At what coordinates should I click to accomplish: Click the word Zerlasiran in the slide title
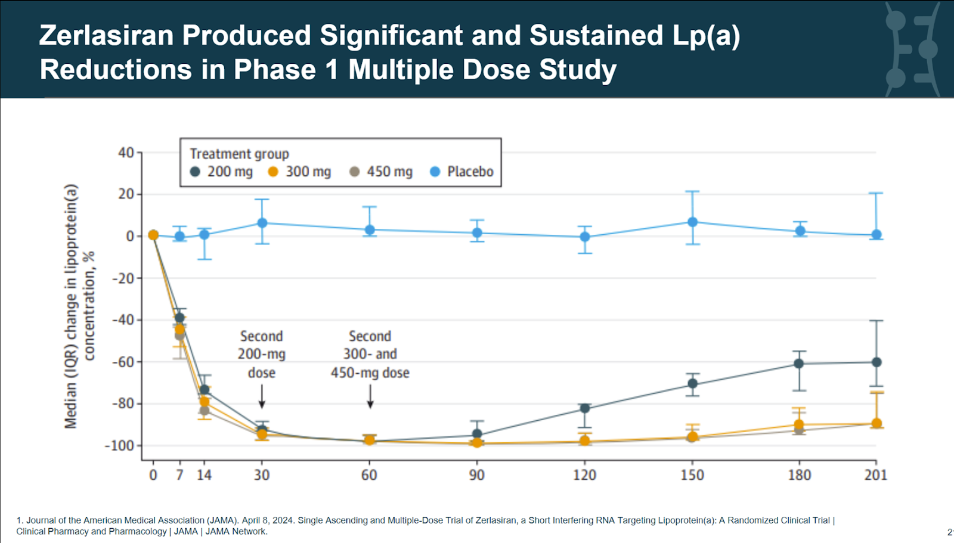[x=106, y=36]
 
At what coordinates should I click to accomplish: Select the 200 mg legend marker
[x=195, y=172]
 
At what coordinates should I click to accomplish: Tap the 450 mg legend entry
[x=381, y=172]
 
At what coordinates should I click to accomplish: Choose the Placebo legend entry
[x=461, y=172]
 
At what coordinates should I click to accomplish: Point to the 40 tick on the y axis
[x=126, y=153]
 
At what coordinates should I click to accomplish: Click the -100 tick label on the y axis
[x=119, y=446]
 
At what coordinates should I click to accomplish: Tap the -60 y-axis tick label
[x=123, y=362]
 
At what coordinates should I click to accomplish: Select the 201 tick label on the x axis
[x=875, y=475]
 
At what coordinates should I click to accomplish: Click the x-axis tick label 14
[x=204, y=475]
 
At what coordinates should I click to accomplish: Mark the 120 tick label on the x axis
[x=584, y=475]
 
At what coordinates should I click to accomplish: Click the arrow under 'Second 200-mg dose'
[x=262, y=396]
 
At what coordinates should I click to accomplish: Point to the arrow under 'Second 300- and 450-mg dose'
[x=370, y=396]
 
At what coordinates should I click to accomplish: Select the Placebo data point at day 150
[x=692, y=222]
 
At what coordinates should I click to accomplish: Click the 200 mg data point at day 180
[x=799, y=364]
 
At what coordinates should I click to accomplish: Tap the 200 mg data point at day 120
[x=585, y=408]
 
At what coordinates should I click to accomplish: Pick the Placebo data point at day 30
[x=262, y=223]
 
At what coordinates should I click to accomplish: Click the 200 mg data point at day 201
[x=876, y=362]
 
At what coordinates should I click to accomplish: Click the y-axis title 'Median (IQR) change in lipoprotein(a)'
[x=71, y=306]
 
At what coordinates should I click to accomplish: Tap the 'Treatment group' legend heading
[x=239, y=154]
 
